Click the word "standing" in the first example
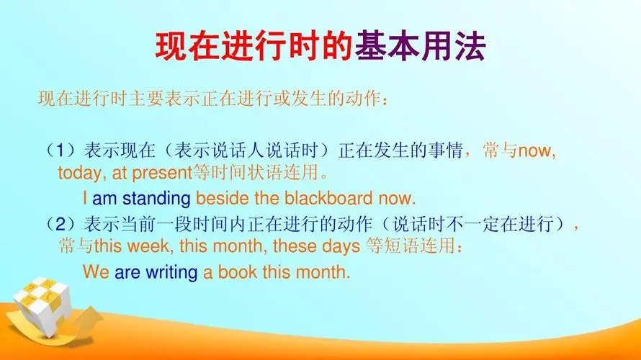tap(156, 198)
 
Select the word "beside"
tap(220, 198)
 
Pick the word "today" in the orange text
tap(78, 174)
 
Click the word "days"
tap(341, 247)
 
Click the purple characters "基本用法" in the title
tap(420, 47)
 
